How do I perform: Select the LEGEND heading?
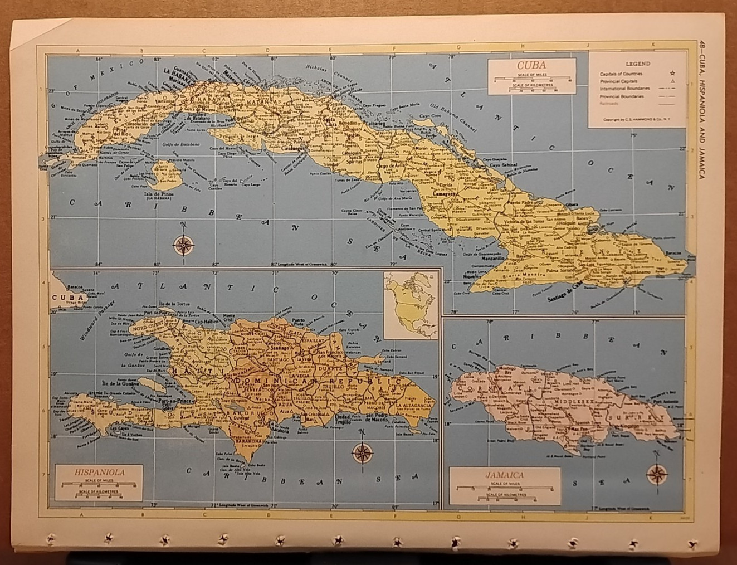(x=637, y=64)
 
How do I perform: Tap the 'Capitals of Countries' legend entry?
(x=621, y=74)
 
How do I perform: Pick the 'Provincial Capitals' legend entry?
(x=618, y=81)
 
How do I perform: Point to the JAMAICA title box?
(x=505, y=475)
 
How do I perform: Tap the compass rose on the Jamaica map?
(x=657, y=474)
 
